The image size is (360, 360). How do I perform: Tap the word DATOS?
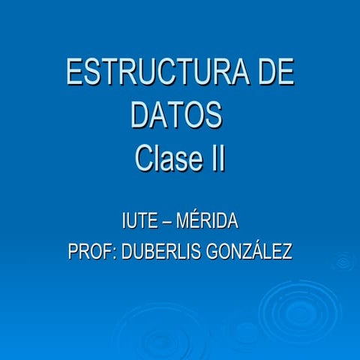(177, 116)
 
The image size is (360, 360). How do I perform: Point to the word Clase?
(166, 158)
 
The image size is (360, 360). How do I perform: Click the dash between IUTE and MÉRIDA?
(175, 223)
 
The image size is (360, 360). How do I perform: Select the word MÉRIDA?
(211, 222)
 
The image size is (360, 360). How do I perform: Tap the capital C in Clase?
(145, 158)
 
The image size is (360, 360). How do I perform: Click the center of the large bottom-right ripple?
(299, 310)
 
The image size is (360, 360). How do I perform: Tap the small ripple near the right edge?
(344, 262)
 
